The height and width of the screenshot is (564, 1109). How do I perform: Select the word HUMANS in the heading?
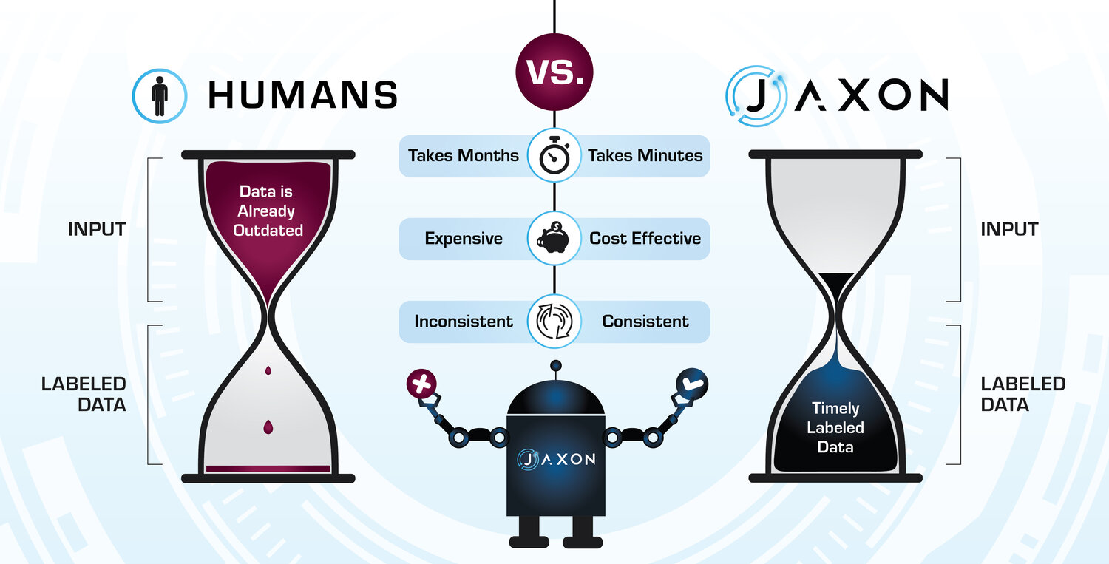tap(302, 95)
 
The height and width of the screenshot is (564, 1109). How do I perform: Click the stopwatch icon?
tap(554, 156)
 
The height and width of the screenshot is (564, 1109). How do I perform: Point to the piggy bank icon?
tap(554, 239)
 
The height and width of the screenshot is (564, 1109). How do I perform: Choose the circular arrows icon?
tap(554, 322)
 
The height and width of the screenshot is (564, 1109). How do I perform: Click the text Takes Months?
tap(463, 156)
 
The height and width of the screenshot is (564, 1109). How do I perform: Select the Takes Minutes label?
tap(645, 156)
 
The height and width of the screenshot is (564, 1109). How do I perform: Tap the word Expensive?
tap(464, 239)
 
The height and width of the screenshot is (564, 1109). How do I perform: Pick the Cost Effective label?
tap(645, 239)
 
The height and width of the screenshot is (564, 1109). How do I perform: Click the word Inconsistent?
tap(464, 322)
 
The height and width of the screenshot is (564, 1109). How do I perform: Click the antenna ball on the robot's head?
tap(554, 365)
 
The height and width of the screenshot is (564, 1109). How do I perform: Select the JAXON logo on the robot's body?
tap(554, 459)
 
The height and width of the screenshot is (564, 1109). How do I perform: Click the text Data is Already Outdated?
tap(268, 211)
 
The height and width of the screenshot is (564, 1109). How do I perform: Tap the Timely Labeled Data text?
tap(835, 427)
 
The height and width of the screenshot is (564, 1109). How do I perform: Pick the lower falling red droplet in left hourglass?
tap(268, 427)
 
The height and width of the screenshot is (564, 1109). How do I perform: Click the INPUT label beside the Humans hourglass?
tap(97, 229)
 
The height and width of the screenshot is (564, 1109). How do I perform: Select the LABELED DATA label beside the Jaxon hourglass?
tap(1022, 394)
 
